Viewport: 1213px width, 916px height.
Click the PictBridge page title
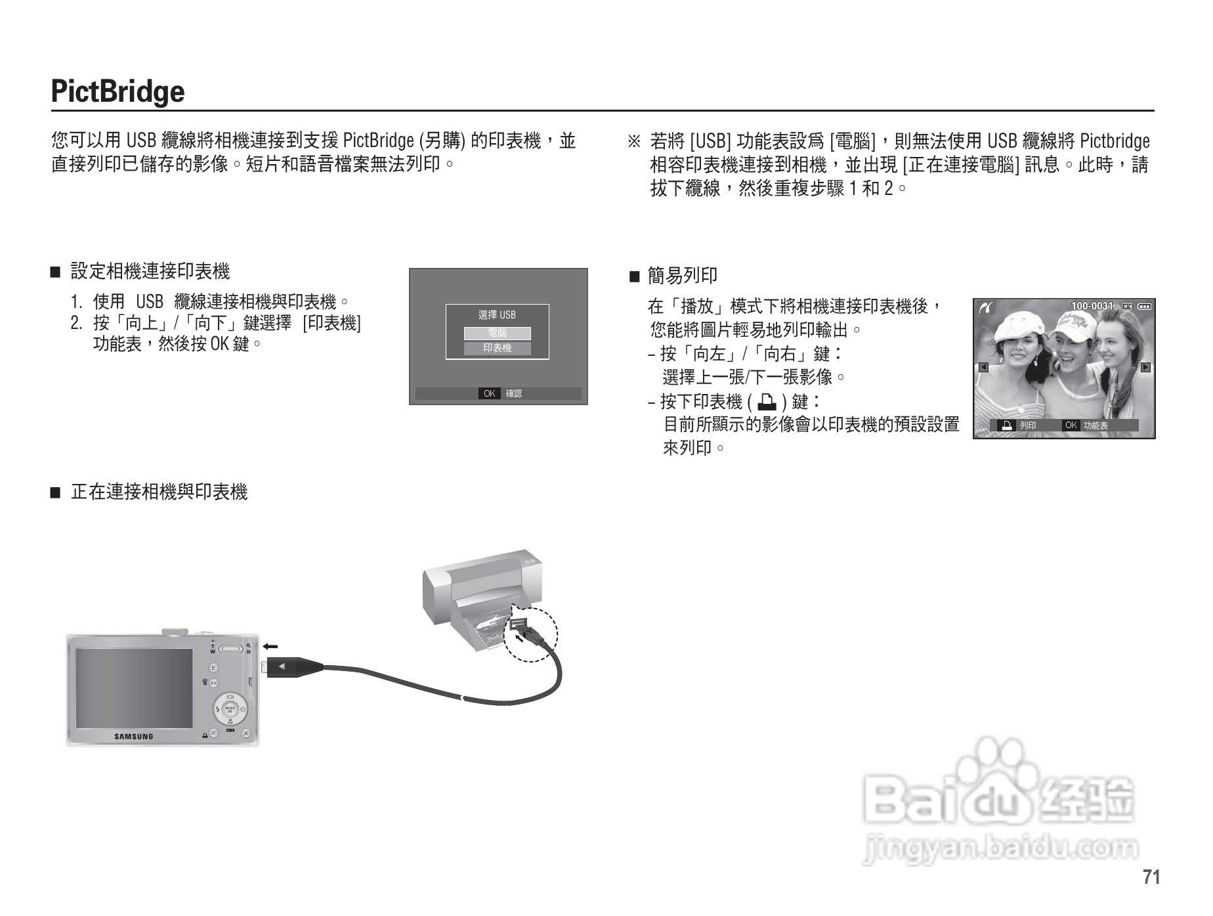[117, 91]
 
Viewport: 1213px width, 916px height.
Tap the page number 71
[1151, 877]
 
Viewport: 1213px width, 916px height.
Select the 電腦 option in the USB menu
[497, 333]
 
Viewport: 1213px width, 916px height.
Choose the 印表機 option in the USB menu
[497, 348]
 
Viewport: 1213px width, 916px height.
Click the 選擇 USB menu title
[497, 315]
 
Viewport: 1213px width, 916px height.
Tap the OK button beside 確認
[489, 393]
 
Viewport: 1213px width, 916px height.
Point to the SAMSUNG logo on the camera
[134, 736]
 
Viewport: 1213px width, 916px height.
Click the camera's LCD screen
[134, 687]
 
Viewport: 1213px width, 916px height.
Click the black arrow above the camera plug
[270, 647]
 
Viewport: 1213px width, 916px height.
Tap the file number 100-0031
[1092, 306]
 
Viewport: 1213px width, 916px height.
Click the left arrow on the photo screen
[983, 367]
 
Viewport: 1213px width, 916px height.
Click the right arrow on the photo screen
[1145, 367]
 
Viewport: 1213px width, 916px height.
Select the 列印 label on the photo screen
[1027, 425]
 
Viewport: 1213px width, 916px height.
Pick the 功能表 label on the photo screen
[1096, 425]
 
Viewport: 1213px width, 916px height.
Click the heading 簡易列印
[682, 276]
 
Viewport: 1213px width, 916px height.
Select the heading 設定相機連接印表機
[150, 271]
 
